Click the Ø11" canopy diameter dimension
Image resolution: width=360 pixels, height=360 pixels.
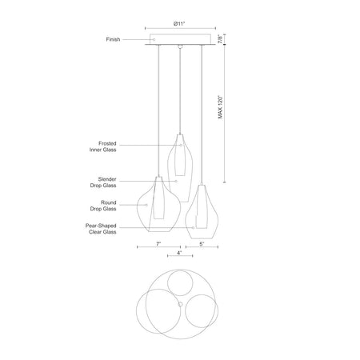[x=179, y=24]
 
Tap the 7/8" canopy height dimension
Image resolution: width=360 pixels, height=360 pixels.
[x=220, y=39]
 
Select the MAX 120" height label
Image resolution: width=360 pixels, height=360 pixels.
[x=220, y=107]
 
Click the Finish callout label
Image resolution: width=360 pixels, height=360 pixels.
[x=113, y=39]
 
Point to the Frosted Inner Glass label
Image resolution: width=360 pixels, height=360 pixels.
[x=103, y=146]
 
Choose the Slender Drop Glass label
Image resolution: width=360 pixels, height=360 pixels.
[x=103, y=182]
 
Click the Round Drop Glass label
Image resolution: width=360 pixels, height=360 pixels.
[x=103, y=206]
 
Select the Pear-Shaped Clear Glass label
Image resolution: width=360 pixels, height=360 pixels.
[x=101, y=229]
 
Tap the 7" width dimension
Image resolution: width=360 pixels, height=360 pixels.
[x=158, y=244]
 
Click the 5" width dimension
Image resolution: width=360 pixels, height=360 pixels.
[x=202, y=244]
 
